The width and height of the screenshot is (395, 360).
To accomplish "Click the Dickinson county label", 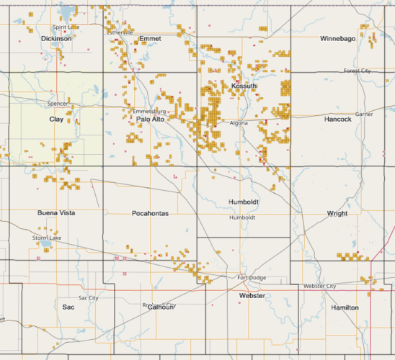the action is [x=57, y=38].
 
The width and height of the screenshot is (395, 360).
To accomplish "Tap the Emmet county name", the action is [x=150, y=37].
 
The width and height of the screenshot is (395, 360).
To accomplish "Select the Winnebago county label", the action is [x=337, y=37].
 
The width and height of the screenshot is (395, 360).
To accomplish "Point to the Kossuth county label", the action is [x=244, y=86].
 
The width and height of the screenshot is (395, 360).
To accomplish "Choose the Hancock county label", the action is [x=337, y=119].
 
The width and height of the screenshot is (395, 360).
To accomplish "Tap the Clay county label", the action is [x=56, y=119].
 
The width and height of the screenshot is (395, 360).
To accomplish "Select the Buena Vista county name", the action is [x=56, y=213].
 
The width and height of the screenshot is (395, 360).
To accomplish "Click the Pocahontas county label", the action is [x=150, y=213].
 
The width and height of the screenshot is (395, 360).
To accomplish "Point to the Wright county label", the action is [x=337, y=213].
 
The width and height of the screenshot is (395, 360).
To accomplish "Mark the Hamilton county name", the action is [x=345, y=307].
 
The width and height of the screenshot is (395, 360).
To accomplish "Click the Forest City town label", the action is [x=357, y=71].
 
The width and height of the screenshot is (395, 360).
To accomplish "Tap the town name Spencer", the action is [x=56, y=104].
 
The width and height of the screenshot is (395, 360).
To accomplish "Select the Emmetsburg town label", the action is [x=150, y=112].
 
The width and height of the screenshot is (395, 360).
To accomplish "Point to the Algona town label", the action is [x=239, y=123].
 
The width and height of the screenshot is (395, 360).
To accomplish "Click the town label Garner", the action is [x=364, y=114].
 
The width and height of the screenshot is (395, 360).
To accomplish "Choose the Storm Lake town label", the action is [x=46, y=238].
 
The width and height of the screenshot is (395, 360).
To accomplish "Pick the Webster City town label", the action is [x=319, y=286].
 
